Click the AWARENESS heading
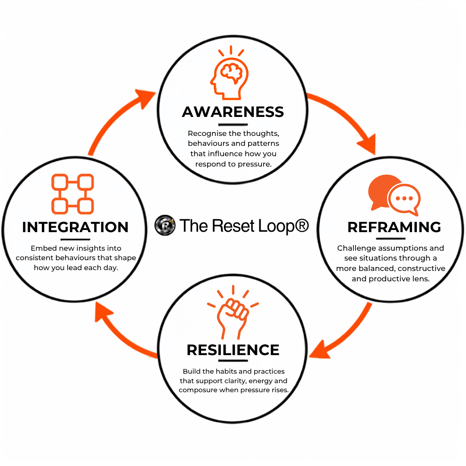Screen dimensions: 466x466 (233, 112)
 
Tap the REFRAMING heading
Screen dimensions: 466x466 (394, 227)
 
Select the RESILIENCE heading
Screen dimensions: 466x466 (233, 350)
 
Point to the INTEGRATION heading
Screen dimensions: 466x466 (75, 227)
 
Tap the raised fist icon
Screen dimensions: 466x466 (233, 312)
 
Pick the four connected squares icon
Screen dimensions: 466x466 (72, 194)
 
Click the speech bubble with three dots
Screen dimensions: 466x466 (404, 199)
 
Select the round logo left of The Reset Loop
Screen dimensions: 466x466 (165, 225)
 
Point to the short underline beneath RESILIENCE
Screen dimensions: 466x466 (233, 361)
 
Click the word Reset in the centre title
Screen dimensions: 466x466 (233, 226)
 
